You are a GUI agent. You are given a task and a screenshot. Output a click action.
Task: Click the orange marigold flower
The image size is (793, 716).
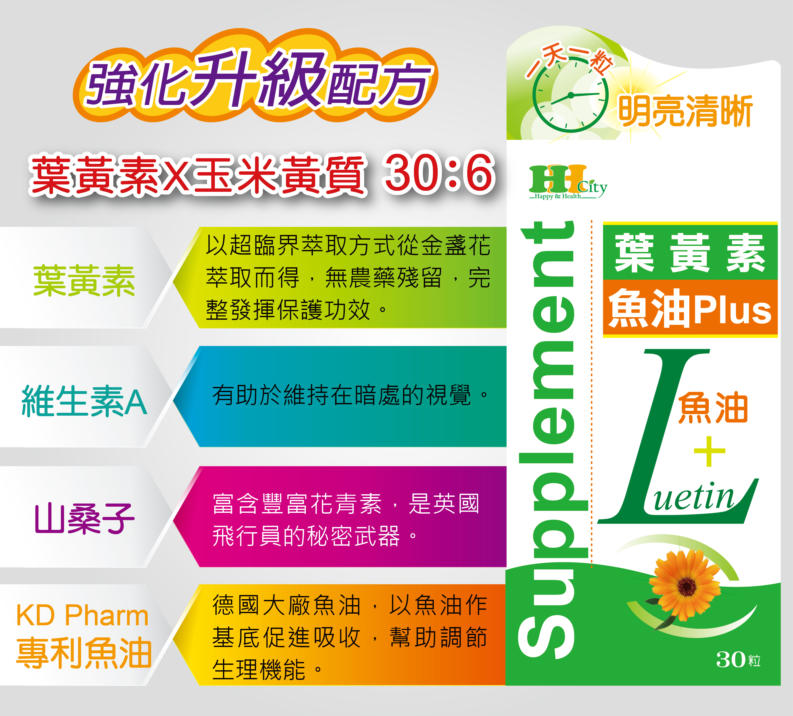click(x=686, y=586)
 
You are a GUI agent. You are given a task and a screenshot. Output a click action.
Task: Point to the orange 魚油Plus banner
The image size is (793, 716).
click(x=690, y=308)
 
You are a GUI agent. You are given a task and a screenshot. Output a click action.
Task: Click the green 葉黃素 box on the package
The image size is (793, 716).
click(x=690, y=252)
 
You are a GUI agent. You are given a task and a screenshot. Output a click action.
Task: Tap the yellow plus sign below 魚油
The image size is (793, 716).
click(x=709, y=451)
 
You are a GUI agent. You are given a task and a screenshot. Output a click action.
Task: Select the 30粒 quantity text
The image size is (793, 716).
click(x=738, y=659)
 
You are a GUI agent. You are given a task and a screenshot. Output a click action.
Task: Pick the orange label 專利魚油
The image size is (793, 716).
click(x=84, y=653)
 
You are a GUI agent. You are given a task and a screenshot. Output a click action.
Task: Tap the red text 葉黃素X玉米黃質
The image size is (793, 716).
click(x=199, y=175)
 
